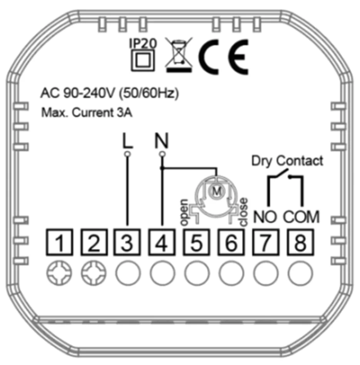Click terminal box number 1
click(59, 242)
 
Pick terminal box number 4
click(162, 242)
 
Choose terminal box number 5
click(196, 242)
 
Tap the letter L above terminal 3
click(127, 142)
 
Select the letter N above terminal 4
click(162, 141)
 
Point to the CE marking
click(223, 57)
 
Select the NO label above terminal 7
click(265, 217)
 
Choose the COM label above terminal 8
click(301, 217)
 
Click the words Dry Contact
click(287, 161)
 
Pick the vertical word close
click(243, 212)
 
